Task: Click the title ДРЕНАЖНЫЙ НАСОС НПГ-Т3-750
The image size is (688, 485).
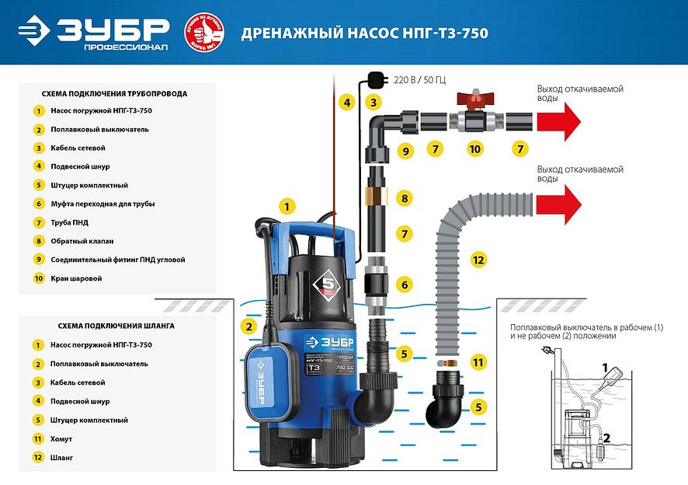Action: click(x=365, y=33)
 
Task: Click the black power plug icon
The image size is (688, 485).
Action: click(x=375, y=78)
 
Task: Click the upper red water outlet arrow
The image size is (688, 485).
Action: click(x=558, y=120)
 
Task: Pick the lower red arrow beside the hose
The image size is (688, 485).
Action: click(x=558, y=204)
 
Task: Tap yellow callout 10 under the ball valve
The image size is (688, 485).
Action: click(x=474, y=148)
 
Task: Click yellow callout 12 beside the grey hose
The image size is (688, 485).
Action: click(x=478, y=260)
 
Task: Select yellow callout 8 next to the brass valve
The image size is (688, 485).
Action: click(x=404, y=198)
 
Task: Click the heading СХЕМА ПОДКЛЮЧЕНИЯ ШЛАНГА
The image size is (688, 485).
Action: click(x=116, y=326)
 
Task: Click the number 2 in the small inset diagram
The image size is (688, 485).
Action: click(x=606, y=438)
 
